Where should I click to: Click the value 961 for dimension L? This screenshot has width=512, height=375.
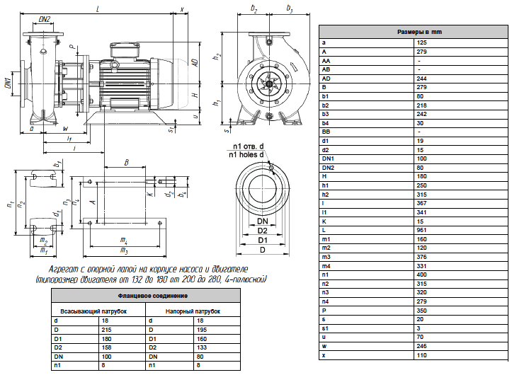coord(421,230)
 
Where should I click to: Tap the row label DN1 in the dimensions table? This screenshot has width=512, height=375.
coord(328,158)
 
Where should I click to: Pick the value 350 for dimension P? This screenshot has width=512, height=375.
coord(421,311)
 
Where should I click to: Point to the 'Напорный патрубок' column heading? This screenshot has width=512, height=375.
coord(193,311)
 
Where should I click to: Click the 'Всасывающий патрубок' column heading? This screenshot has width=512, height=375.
coord(93,311)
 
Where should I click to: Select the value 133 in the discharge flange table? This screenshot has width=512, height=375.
coord(201,347)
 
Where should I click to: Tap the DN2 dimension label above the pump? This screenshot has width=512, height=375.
coord(45,20)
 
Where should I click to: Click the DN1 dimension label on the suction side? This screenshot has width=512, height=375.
coord(8,83)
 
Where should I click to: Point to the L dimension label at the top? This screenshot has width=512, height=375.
coord(97,9)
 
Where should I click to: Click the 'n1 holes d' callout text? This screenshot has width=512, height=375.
coord(246,155)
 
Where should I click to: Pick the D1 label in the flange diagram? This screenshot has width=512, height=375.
coord(263,241)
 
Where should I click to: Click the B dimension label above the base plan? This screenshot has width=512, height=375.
coord(127,162)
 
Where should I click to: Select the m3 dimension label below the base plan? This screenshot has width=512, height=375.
coord(124,250)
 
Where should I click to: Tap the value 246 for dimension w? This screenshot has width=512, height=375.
coord(421,346)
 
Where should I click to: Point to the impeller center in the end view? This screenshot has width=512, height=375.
coord(269,84)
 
